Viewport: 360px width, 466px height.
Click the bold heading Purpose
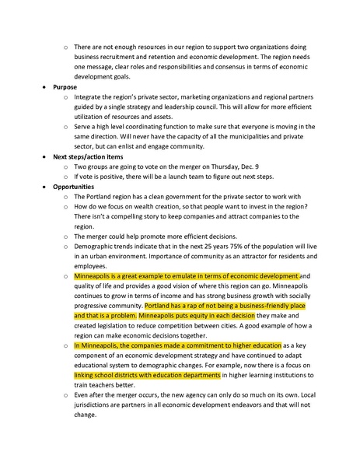click(x=65, y=86)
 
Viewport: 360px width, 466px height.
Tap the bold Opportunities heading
click(x=74, y=187)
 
